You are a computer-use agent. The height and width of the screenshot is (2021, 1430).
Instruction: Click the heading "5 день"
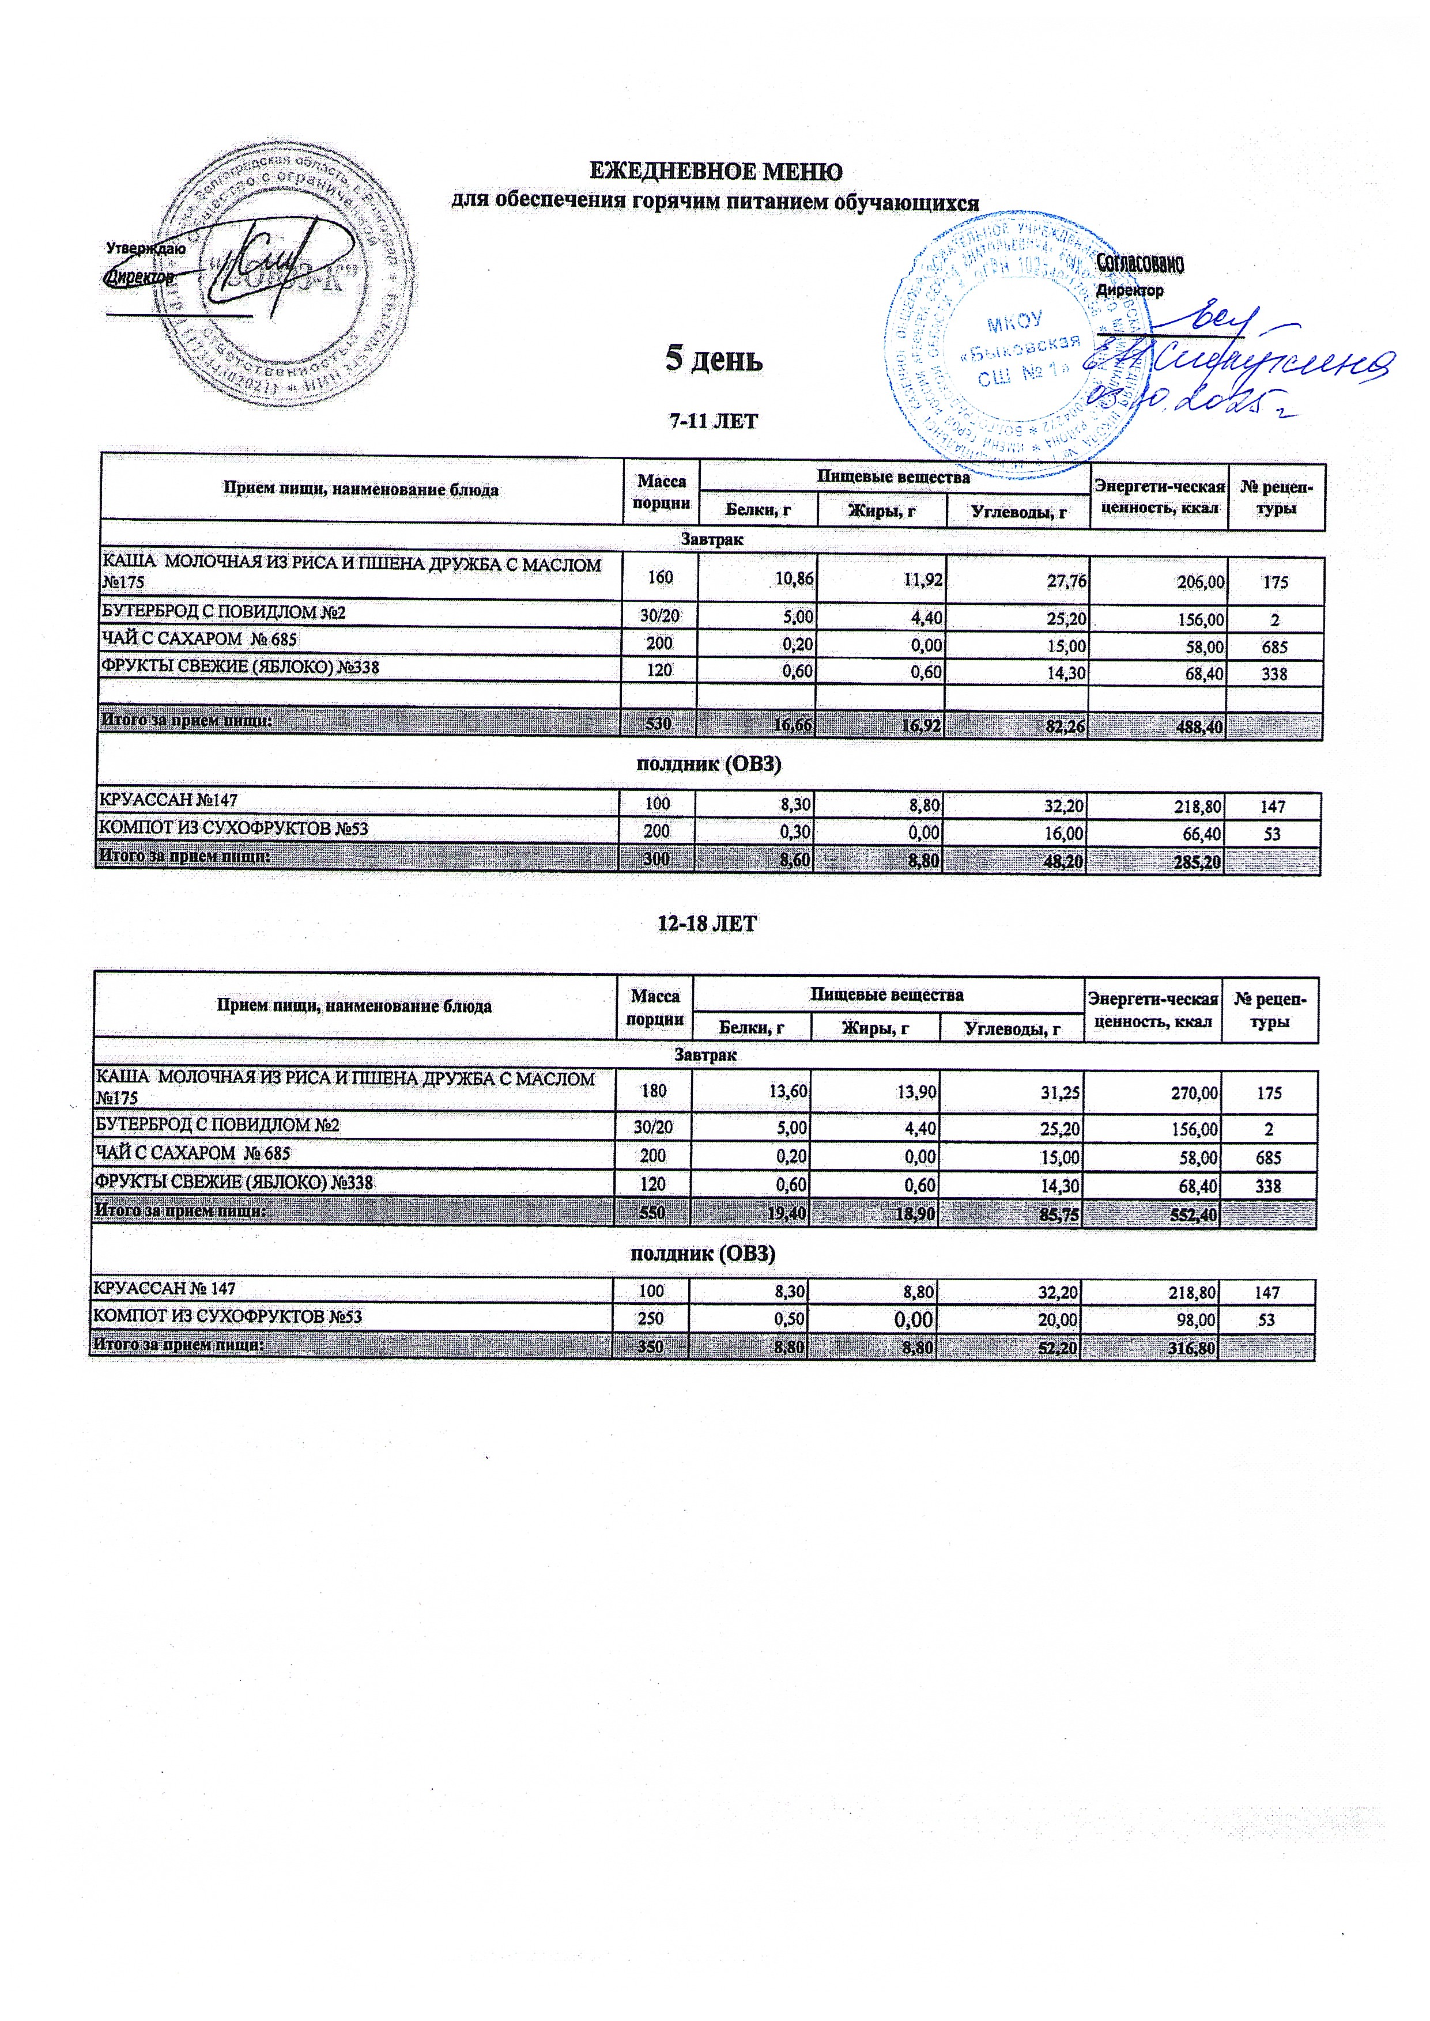click(x=713, y=359)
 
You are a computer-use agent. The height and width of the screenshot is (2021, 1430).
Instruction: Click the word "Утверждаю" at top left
click(x=145, y=249)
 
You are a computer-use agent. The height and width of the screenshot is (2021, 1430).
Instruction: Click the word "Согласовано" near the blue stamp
click(x=1140, y=263)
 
